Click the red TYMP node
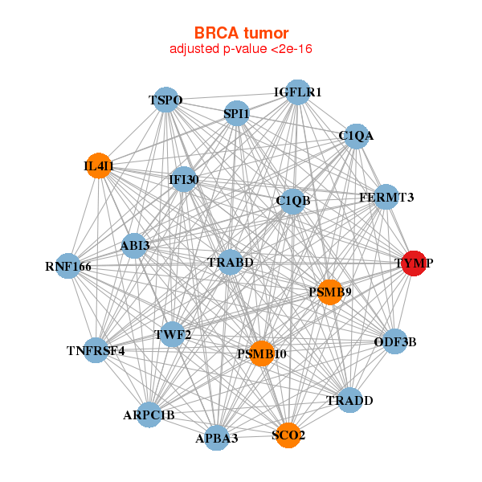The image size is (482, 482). [x=413, y=263]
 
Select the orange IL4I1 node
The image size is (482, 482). [x=98, y=166]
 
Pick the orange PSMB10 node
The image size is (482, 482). [x=261, y=353]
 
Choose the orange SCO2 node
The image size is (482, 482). [x=288, y=435]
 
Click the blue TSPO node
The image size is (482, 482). [x=165, y=100]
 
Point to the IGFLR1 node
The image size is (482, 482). [x=297, y=92]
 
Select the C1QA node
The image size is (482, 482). [x=355, y=136]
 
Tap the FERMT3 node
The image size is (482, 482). [x=386, y=197]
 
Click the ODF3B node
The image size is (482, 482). [x=394, y=342]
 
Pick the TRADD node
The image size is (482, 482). [x=349, y=400]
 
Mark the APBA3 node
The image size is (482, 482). [x=216, y=438]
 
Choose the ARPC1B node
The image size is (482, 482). [x=149, y=415]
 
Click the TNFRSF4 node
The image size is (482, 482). [x=96, y=350]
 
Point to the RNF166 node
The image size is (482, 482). [x=67, y=266]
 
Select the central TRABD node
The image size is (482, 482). [x=231, y=263]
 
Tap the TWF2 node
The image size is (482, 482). [x=172, y=333]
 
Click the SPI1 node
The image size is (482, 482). [x=236, y=114]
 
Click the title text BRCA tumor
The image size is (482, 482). [x=241, y=33]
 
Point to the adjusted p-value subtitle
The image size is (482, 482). [x=241, y=49]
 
